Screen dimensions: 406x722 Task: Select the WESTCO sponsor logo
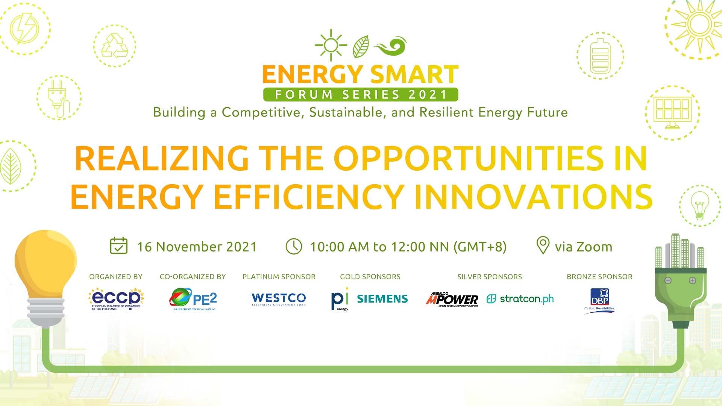279,299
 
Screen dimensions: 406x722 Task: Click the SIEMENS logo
382,299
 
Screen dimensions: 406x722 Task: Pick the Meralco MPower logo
452,300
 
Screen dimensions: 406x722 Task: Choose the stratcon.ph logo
520,299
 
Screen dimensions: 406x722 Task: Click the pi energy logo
340,300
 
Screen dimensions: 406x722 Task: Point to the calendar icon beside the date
118,246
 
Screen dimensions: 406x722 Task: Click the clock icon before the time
294,247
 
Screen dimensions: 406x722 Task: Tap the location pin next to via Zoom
542,245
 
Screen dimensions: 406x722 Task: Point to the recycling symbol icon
115,46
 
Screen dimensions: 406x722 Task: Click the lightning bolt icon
24,29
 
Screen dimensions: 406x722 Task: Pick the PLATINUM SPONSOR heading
279,277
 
